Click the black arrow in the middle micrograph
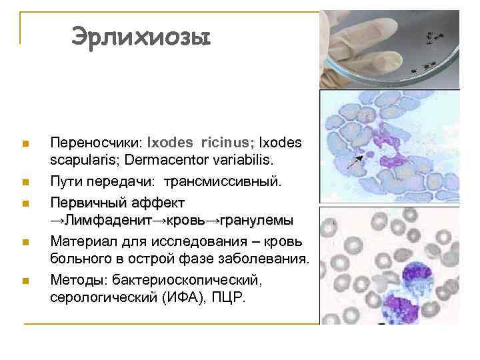(359, 158)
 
